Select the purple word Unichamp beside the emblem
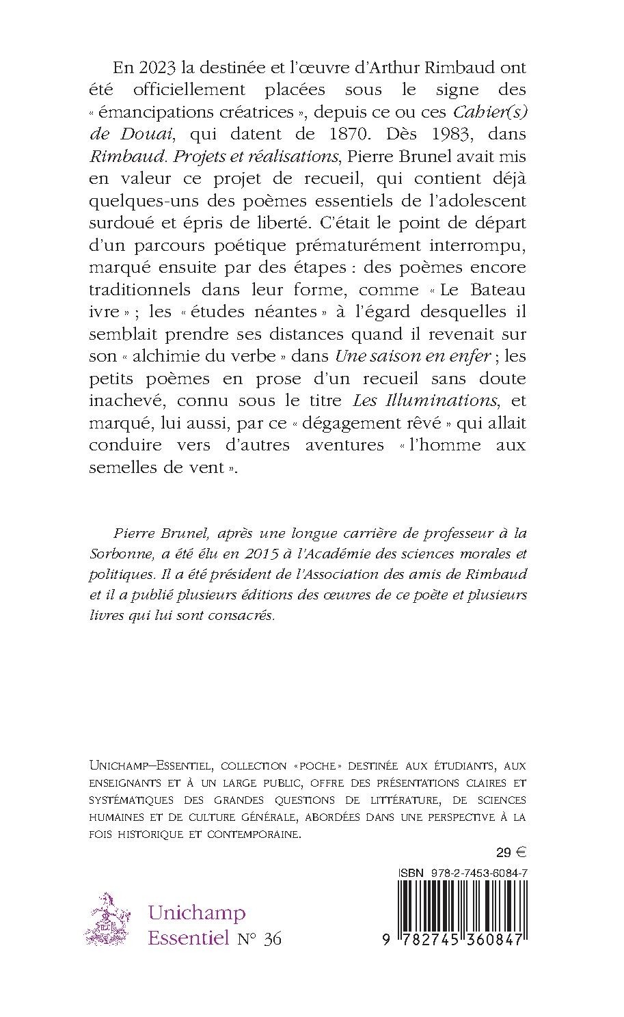click(198, 913)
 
